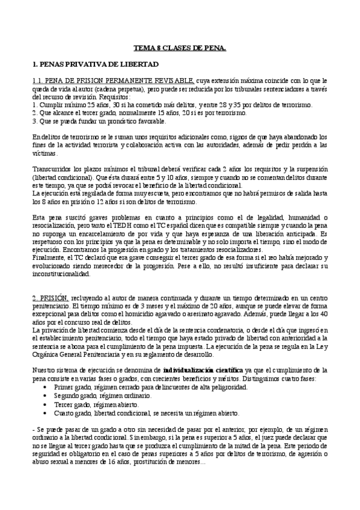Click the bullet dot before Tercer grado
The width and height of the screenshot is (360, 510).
(47, 405)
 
